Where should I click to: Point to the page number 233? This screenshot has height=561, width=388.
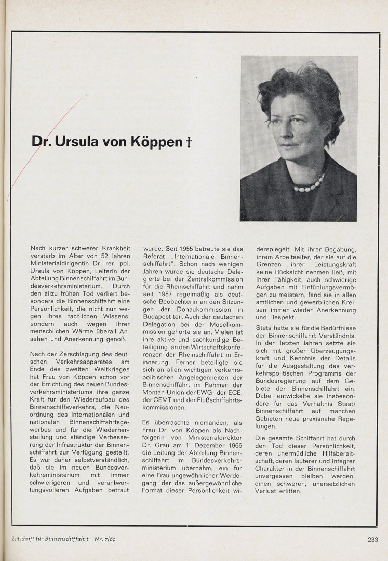pos(372,539)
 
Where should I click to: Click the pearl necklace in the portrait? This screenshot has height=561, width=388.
pos(309,184)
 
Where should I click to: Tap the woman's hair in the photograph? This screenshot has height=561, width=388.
pos(296,88)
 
